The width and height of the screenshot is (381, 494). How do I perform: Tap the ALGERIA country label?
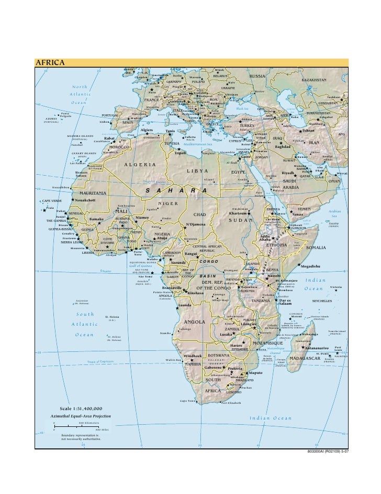pos(140,165)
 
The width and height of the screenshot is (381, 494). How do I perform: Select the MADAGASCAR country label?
pos(309,358)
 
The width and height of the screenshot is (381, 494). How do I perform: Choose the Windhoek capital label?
pos(193,356)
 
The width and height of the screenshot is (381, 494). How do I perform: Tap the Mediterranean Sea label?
pos(195,144)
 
